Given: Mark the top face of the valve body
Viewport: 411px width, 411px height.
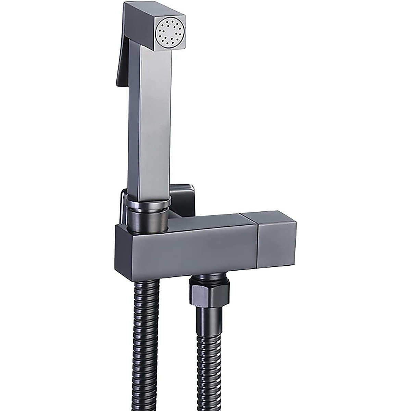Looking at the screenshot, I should pos(206,223).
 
